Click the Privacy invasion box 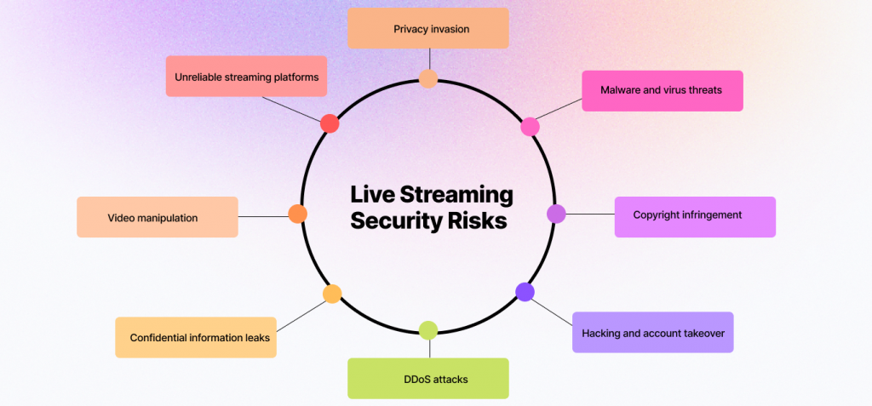(x=428, y=28)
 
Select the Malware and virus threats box (x=663, y=91)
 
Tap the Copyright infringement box (x=695, y=217)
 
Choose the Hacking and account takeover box (x=653, y=332)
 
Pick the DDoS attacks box (x=428, y=378)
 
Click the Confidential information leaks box (x=196, y=337)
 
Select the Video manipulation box (x=158, y=217)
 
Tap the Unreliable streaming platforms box (x=246, y=77)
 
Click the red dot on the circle (x=330, y=123)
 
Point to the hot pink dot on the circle (x=530, y=127)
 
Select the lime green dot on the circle (x=428, y=330)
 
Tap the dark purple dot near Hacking (x=525, y=292)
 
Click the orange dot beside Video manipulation (x=297, y=214)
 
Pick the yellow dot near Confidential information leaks (x=332, y=294)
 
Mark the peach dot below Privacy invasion (x=428, y=79)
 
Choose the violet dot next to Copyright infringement (x=556, y=214)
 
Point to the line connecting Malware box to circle (x=559, y=109)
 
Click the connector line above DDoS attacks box (x=429, y=349)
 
